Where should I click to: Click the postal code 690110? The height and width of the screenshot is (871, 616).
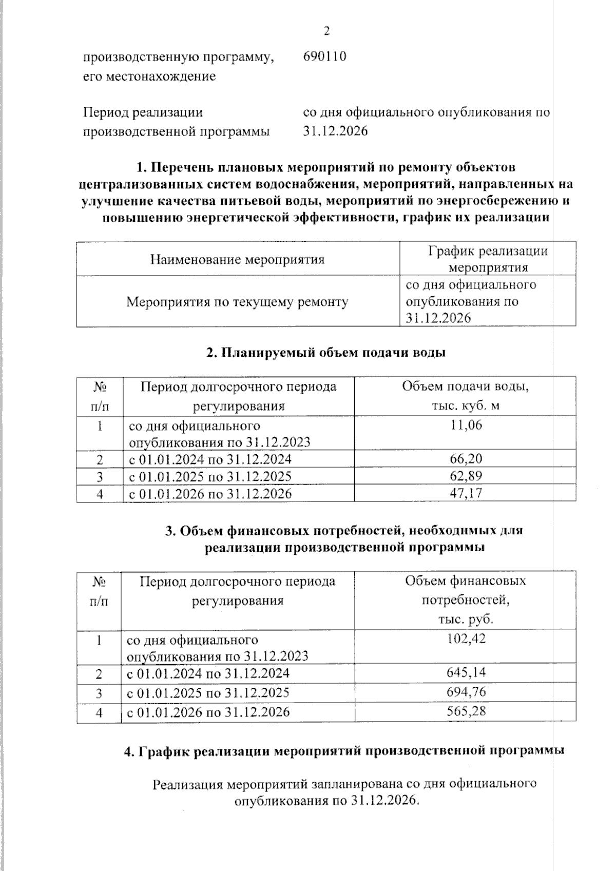tap(324, 56)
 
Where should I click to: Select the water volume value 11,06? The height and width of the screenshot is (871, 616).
tap(465, 425)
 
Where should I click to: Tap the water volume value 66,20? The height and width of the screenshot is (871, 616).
tap(465, 459)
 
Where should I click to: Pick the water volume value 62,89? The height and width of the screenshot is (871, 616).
tap(465, 476)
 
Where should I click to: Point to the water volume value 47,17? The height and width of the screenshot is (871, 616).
tap(465, 494)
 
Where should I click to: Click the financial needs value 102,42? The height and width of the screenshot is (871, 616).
tap(466, 638)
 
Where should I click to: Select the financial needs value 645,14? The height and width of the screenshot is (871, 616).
tap(466, 673)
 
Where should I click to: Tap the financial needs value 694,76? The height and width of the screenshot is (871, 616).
tap(466, 692)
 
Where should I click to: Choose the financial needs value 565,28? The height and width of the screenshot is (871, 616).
tap(466, 711)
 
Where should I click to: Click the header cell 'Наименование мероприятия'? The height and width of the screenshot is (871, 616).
tap(237, 260)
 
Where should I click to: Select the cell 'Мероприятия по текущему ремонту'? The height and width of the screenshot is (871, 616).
tap(237, 302)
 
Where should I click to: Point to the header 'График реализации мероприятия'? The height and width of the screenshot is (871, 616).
tap(488, 259)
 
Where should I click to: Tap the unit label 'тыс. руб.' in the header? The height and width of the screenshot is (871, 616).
tap(466, 619)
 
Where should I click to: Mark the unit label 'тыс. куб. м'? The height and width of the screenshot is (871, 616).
tap(466, 405)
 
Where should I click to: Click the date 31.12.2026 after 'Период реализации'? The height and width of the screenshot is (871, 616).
tap(335, 131)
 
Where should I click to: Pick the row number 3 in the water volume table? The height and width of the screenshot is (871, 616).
tap(100, 477)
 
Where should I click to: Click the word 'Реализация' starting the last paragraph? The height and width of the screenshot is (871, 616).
tap(188, 784)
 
